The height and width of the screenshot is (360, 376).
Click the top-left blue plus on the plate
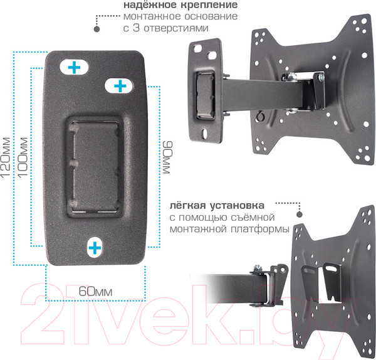click(74, 66)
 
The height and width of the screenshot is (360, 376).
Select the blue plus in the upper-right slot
click(120, 85)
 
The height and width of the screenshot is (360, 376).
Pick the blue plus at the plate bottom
click(95, 248)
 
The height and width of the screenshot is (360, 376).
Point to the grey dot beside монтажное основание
click(97, 28)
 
